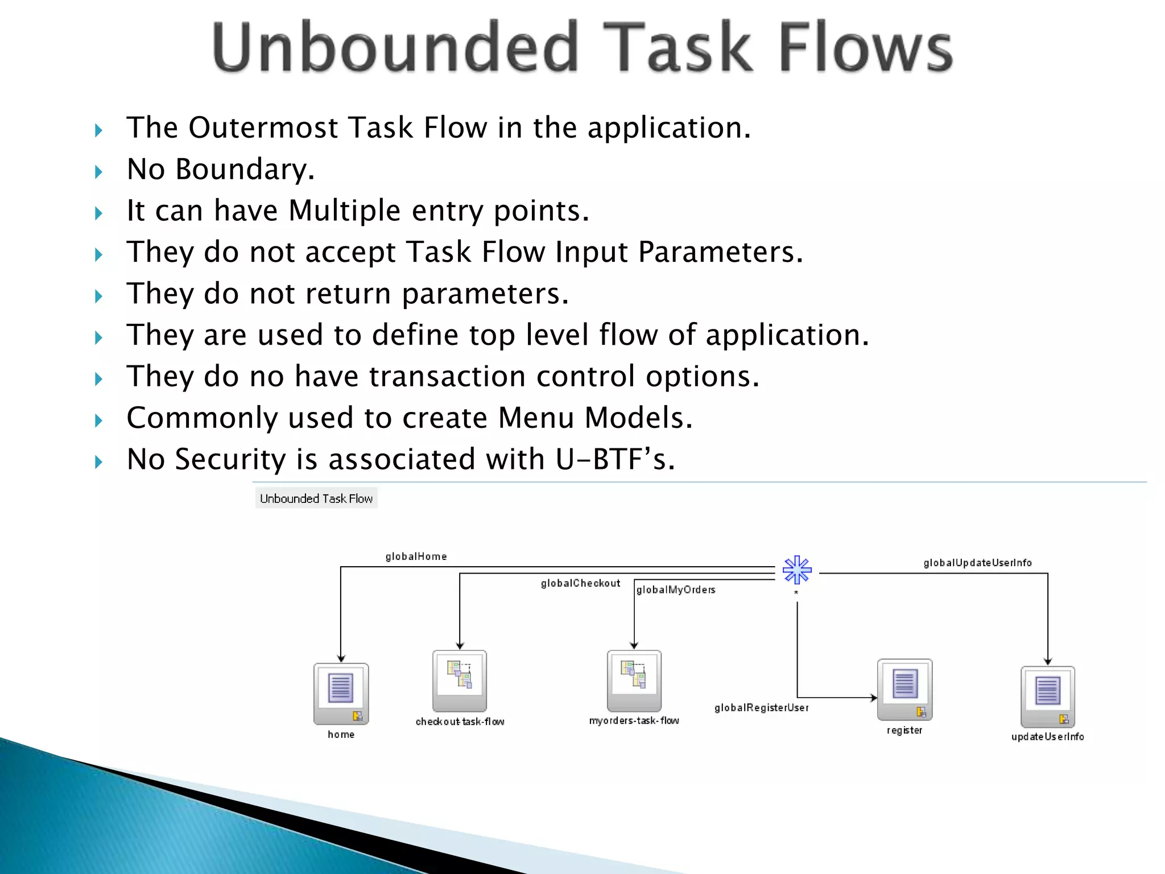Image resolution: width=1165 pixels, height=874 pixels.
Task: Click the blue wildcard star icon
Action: (x=797, y=570)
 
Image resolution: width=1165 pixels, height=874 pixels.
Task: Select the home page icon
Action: (x=341, y=693)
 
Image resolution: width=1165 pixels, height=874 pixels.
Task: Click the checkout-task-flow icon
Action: (x=460, y=680)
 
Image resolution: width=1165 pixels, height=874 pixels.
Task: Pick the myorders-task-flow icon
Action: (x=634, y=680)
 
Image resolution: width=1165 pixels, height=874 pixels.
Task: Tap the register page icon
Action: (x=904, y=689)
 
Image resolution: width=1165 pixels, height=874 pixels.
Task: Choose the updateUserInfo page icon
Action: (x=1047, y=696)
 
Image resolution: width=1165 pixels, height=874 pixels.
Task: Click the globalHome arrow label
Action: (x=416, y=556)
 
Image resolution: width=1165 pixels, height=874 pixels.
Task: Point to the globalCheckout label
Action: (x=580, y=583)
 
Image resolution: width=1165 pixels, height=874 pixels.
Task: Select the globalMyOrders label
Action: (x=676, y=590)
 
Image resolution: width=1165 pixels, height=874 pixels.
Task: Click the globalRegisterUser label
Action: (x=761, y=708)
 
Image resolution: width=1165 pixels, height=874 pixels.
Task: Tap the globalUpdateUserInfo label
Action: (x=977, y=563)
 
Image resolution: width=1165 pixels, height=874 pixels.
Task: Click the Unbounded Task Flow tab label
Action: (x=316, y=498)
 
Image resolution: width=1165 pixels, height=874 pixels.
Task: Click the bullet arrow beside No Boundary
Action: (x=99, y=172)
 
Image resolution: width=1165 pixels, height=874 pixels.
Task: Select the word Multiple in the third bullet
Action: (x=344, y=211)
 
